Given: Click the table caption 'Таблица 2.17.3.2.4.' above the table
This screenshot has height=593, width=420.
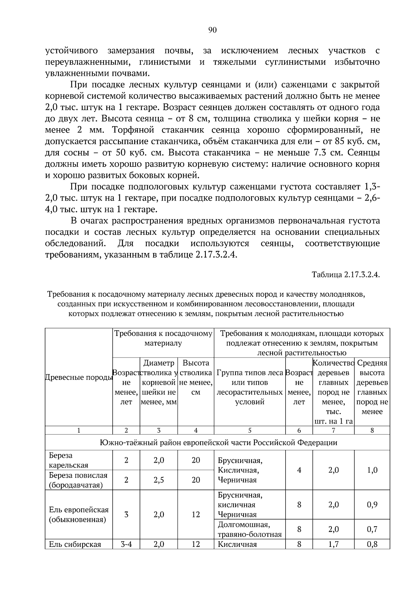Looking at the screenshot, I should [x=345, y=274].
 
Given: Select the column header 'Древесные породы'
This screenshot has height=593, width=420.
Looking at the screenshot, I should [x=79, y=377].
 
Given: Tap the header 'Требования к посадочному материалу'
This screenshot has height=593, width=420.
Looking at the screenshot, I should [x=163, y=338].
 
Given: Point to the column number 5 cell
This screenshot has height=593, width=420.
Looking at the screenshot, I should [x=250, y=430].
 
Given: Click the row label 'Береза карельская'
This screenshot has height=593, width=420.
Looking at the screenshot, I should [x=69, y=460].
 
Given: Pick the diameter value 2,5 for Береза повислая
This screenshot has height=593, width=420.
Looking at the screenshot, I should [x=159, y=480].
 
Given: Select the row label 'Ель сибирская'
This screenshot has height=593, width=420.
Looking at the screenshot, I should [x=75, y=544].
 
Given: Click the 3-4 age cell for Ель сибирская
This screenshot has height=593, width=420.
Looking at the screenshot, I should [x=126, y=544].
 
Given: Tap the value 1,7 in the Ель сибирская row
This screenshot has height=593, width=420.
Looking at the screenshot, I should [x=334, y=544].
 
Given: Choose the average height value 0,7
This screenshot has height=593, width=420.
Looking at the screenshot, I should [x=372, y=529].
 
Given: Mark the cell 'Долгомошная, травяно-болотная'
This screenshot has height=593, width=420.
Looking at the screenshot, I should [x=250, y=529].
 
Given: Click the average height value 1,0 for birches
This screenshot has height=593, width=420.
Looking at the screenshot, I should [x=372, y=470].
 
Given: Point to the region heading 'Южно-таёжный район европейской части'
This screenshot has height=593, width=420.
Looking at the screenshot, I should [x=218, y=443].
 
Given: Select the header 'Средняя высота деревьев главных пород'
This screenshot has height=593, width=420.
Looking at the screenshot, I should [x=372, y=387].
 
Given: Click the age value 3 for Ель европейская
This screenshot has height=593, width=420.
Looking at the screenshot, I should [x=126, y=514].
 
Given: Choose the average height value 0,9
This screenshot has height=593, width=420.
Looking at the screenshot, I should [x=372, y=505].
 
